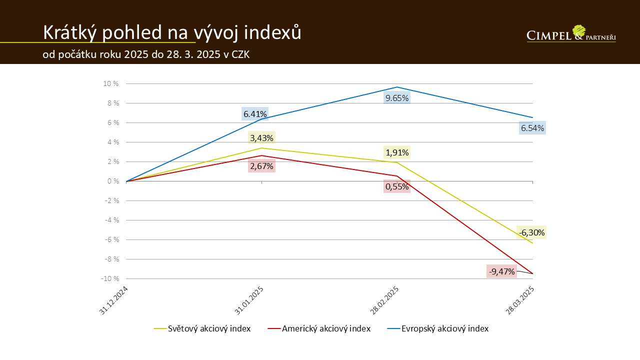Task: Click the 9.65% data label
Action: point(397,98)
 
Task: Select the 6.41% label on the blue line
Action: point(255,114)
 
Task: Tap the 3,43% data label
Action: point(261,137)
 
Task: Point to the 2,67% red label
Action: point(261,166)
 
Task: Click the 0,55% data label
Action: point(397,186)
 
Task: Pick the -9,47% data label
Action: point(501,271)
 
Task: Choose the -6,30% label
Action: point(531,232)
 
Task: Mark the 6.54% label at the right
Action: point(532,128)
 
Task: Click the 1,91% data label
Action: point(397,152)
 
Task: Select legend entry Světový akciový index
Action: point(209,328)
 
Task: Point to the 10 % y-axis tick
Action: point(111,83)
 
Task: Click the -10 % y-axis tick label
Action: point(110,278)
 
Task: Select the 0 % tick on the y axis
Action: point(113,181)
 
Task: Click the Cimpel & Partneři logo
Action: point(571,34)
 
